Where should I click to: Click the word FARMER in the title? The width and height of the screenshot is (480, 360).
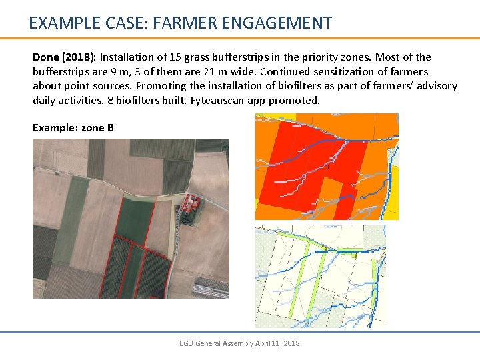tap(179, 23)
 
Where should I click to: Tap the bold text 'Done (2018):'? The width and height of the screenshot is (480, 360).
tap(65, 57)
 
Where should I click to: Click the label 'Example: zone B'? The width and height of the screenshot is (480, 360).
tap(73, 127)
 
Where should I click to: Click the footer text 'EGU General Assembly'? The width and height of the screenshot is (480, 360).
tap(216, 343)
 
